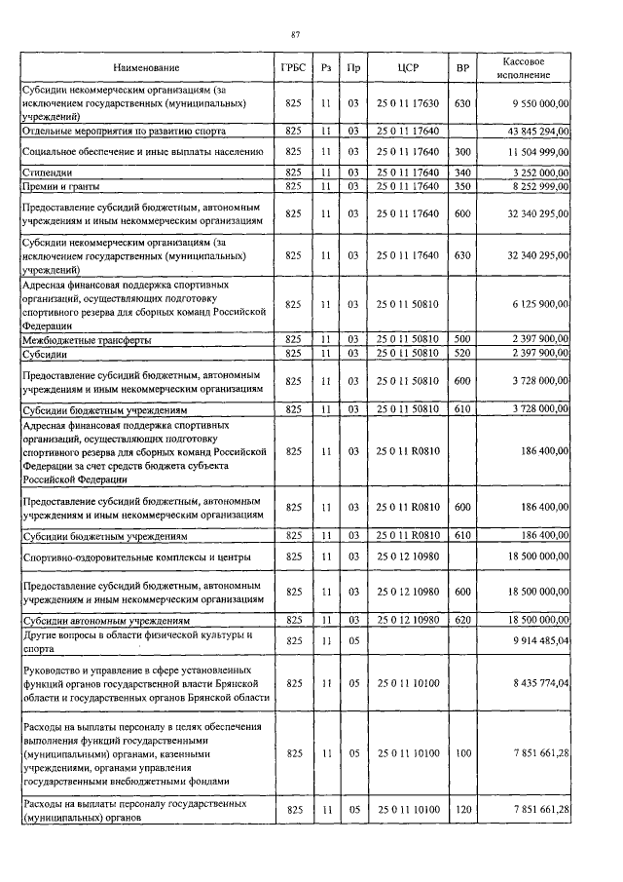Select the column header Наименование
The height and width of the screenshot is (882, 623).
(146, 68)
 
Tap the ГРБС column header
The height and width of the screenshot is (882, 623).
(292, 68)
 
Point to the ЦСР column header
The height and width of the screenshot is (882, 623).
(408, 68)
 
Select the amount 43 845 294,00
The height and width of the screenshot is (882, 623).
(536, 130)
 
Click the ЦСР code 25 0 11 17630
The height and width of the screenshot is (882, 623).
(408, 102)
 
